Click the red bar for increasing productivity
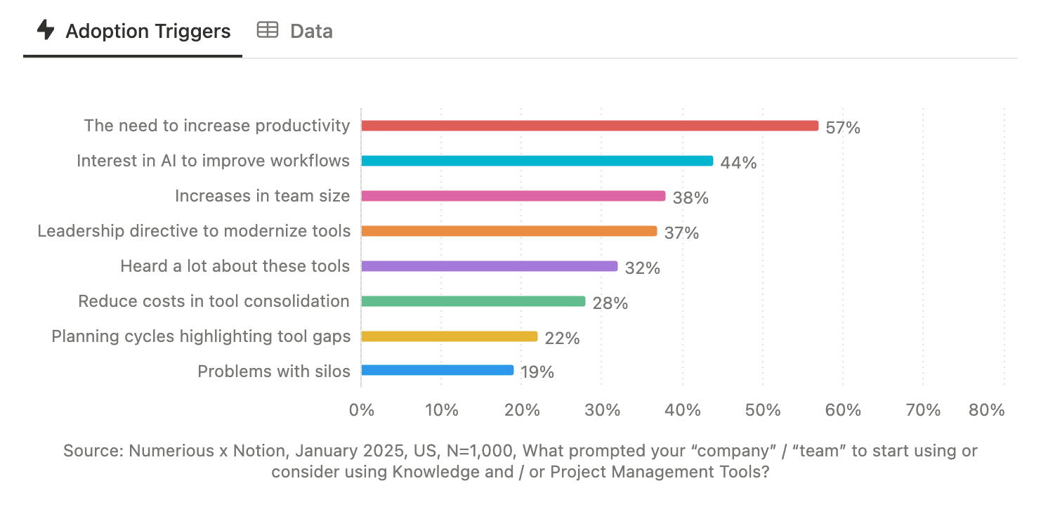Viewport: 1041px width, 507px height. (x=589, y=126)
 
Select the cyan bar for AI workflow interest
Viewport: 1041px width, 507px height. (x=537, y=161)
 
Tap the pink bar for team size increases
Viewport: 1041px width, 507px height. (x=513, y=196)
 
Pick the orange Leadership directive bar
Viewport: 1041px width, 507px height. (x=509, y=231)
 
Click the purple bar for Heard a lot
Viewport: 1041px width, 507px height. (x=489, y=266)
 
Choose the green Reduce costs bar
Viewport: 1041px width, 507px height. (x=473, y=301)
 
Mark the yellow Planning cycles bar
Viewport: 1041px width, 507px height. (x=449, y=336)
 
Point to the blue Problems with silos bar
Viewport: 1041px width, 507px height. (x=437, y=370)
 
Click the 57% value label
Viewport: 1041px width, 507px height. (x=843, y=128)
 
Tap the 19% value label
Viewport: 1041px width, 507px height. (x=537, y=372)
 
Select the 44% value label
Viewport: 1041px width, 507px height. (x=739, y=163)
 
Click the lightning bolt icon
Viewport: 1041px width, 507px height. (x=46, y=30)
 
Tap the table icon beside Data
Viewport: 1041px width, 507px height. (x=267, y=30)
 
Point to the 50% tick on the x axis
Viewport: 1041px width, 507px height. (x=763, y=410)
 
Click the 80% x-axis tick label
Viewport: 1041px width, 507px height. (x=986, y=410)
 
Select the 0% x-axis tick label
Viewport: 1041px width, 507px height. (x=362, y=410)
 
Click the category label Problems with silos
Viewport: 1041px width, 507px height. (x=273, y=371)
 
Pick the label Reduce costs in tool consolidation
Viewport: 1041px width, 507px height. (x=214, y=301)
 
